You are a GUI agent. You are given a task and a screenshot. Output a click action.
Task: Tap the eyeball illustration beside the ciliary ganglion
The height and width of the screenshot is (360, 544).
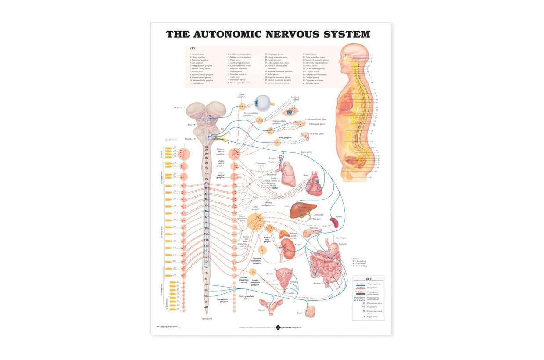(x=264, y=103)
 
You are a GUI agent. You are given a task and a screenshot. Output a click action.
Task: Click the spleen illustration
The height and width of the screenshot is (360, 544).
(x=335, y=222)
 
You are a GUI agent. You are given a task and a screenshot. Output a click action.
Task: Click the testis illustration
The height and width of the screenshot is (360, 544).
(x=311, y=311)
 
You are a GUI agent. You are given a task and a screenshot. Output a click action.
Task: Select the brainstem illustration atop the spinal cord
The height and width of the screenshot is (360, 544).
(x=205, y=120)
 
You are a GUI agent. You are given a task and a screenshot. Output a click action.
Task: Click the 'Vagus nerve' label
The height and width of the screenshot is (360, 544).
(x=306, y=152)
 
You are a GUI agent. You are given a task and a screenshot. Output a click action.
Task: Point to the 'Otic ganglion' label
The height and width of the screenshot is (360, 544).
(x=285, y=137)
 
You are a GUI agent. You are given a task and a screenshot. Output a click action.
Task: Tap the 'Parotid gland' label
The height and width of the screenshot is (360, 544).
(x=317, y=134)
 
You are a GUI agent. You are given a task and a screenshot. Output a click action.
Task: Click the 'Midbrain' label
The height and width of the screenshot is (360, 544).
(x=177, y=108)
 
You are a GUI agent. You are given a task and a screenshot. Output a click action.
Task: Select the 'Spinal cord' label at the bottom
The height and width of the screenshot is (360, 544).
(x=207, y=318)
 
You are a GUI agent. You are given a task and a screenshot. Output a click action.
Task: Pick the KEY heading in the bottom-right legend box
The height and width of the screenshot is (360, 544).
(x=369, y=279)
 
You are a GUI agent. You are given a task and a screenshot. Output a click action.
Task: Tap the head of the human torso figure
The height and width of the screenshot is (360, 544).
(x=351, y=56)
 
